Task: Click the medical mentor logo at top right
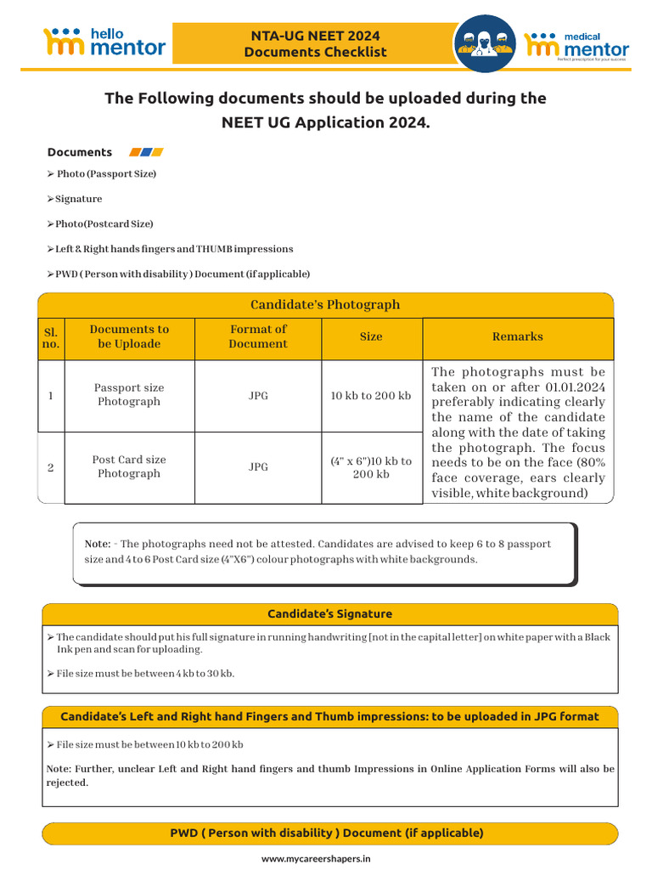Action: (x=577, y=43)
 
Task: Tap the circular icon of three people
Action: (x=485, y=42)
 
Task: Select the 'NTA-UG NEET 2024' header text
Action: (x=315, y=36)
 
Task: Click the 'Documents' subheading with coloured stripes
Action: (x=80, y=152)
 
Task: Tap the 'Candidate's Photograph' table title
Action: (x=325, y=304)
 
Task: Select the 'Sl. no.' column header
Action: (x=51, y=337)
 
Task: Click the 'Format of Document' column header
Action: (x=258, y=336)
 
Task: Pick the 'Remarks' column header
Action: (x=517, y=336)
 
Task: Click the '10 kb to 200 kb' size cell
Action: (x=371, y=396)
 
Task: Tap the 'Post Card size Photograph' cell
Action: (x=129, y=466)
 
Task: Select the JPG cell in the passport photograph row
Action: (x=258, y=396)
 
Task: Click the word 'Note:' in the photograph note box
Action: (x=98, y=544)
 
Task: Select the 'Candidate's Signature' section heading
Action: (x=329, y=613)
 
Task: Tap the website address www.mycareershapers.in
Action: (x=316, y=859)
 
